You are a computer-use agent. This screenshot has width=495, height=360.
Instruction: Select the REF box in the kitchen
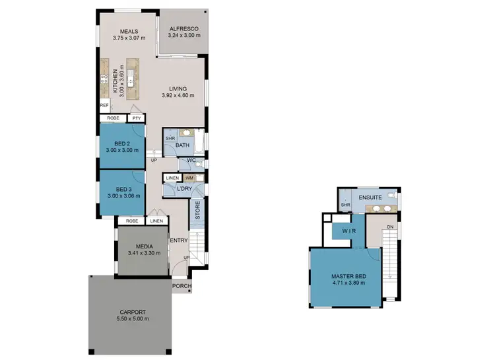click(104, 105)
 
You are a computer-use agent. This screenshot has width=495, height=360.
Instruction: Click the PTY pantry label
click(137, 118)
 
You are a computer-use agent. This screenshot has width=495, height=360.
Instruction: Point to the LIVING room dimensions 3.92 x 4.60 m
click(178, 96)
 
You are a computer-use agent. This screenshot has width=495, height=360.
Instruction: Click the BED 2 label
click(122, 143)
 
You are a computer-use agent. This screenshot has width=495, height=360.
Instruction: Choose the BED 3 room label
click(122, 189)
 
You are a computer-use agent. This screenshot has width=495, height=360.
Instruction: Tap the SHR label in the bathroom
click(170, 138)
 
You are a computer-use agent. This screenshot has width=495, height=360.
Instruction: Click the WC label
click(190, 161)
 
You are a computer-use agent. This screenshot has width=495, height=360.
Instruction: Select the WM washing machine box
click(189, 178)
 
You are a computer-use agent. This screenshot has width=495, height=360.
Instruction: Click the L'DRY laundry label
click(184, 190)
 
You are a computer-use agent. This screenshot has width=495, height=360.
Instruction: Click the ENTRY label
click(178, 240)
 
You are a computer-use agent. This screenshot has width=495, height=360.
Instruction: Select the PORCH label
click(181, 286)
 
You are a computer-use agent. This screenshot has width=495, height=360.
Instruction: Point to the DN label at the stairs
click(390, 228)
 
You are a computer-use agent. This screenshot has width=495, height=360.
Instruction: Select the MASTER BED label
click(349, 277)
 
